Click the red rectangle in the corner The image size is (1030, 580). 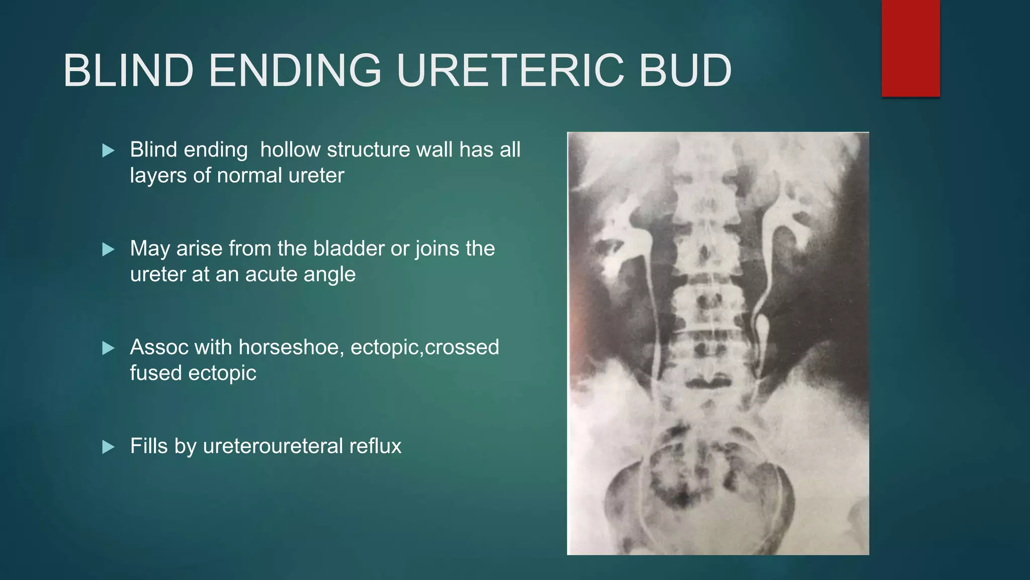(910, 48)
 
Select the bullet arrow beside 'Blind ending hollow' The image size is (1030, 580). (108, 151)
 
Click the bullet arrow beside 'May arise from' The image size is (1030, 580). (108, 249)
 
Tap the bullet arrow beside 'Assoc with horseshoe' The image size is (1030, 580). (108, 348)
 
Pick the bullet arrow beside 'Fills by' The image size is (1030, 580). (108, 447)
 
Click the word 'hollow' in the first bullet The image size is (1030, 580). (290, 150)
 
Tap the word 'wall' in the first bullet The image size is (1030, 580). (435, 150)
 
